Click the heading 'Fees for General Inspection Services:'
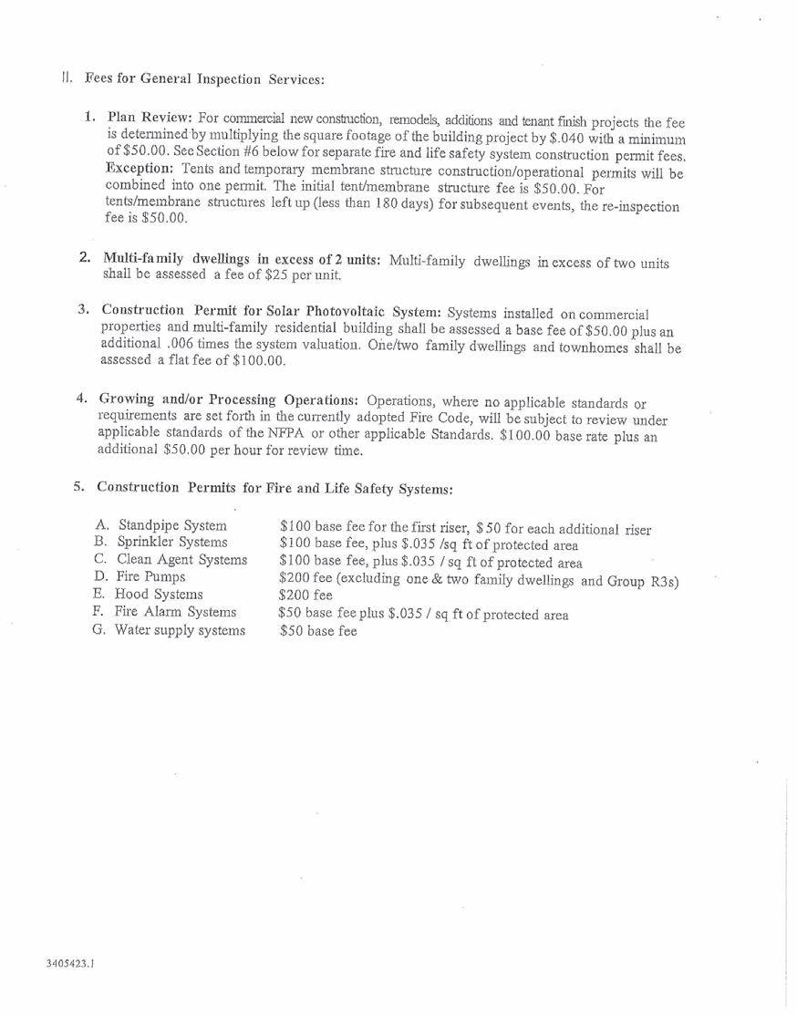click(x=204, y=78)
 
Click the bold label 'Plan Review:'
click(x=149, y=118)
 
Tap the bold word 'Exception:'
click(x=139, y=170)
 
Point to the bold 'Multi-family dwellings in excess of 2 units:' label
click(x=241, y=259)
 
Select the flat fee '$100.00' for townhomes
click(x=260, y=361)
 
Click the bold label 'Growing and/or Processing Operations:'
click(x=229, y=400)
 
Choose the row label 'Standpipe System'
click(x=172, y=525)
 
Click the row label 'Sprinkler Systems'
click(x=172, y=543)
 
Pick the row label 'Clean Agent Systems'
click(x=181, y=560)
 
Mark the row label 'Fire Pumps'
click(x=150, y=577)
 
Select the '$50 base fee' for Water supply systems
click(x=318, y=631)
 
